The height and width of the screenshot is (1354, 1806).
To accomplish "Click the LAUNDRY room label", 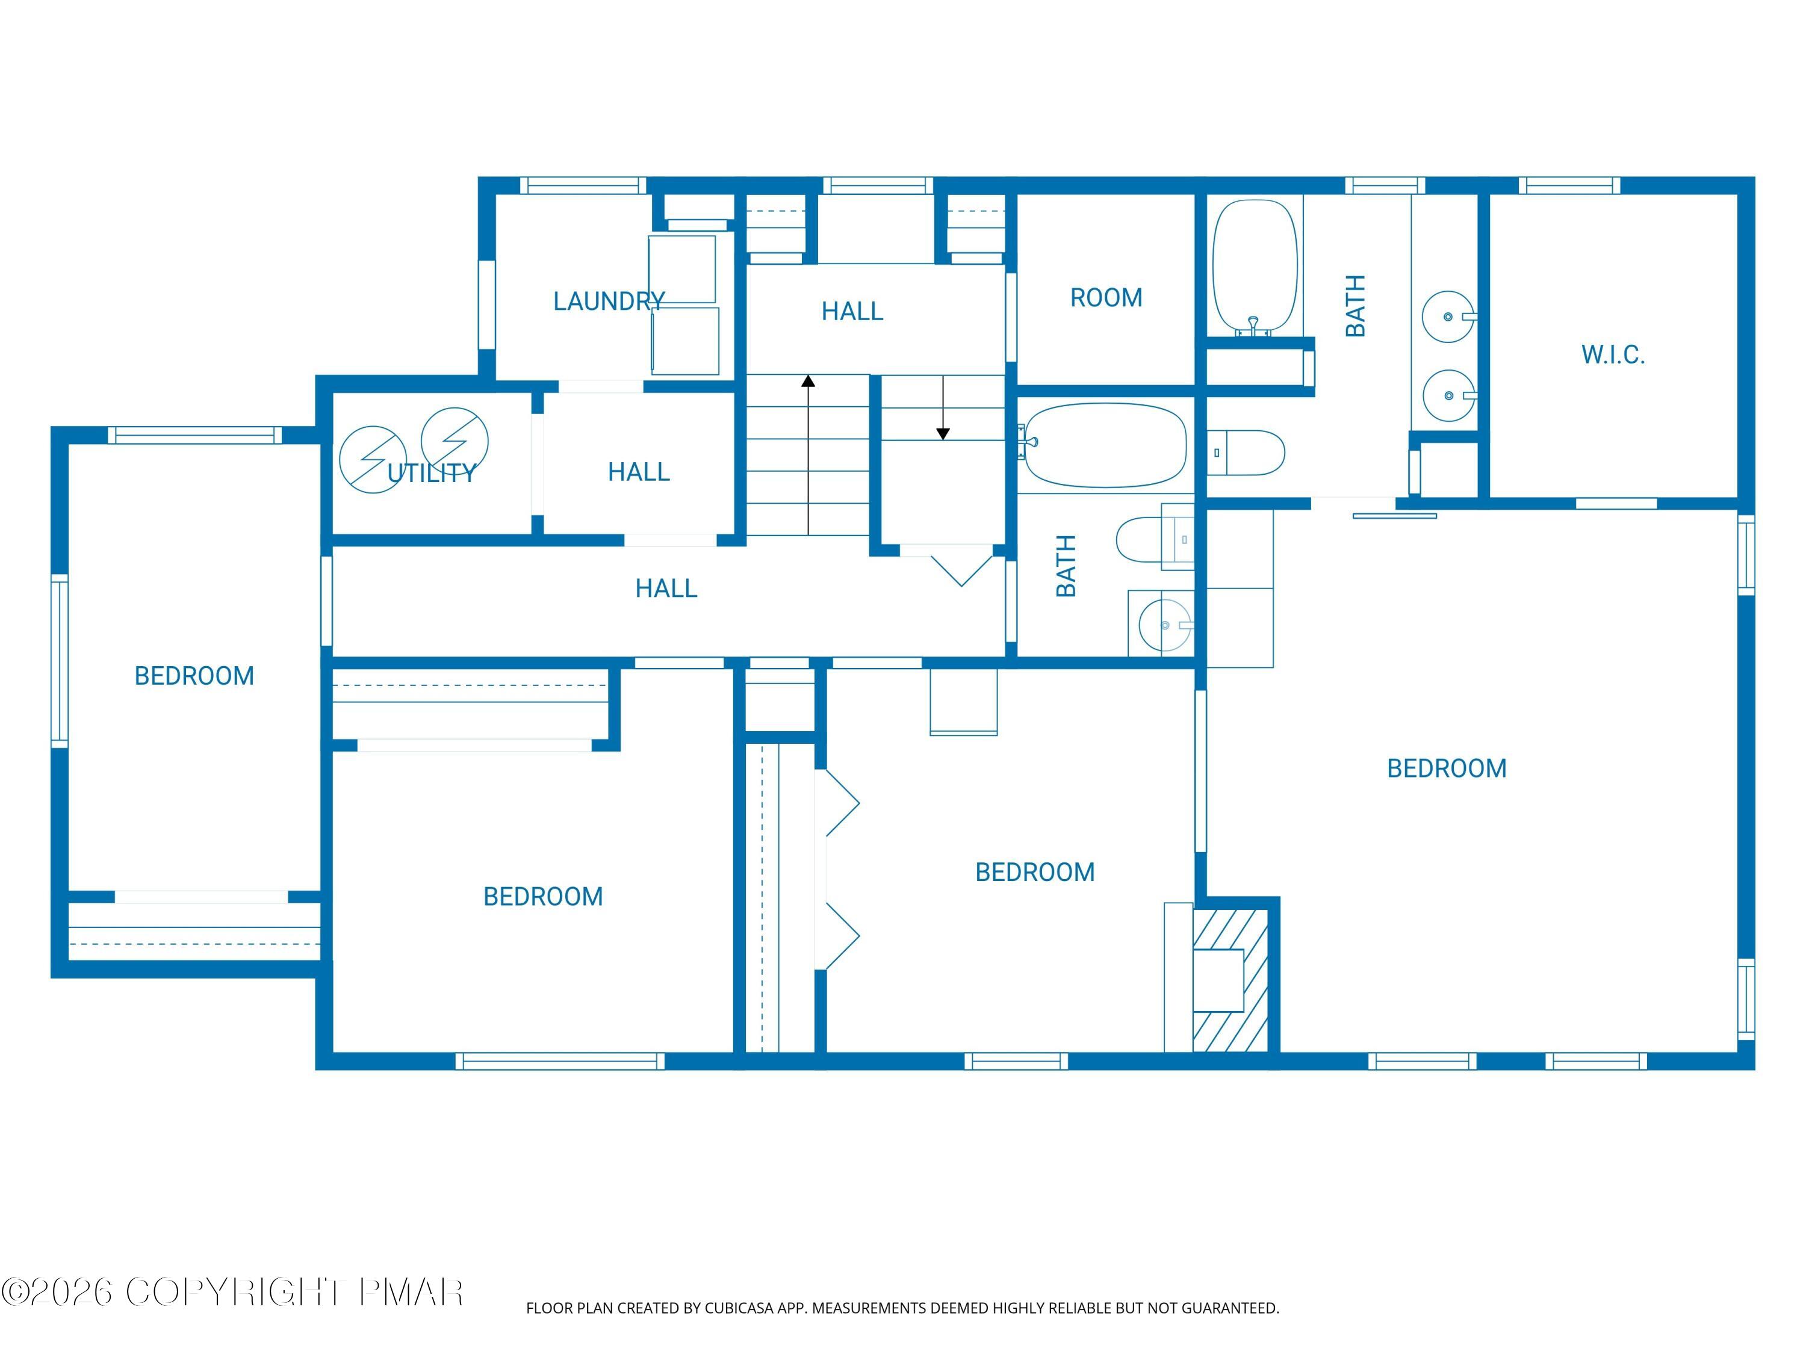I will tap(608, 301).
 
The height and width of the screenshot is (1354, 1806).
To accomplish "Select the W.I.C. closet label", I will tap(1613, 354).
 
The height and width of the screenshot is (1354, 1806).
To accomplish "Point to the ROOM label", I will tap(1105, 298).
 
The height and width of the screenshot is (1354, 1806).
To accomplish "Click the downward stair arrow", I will tap(943, 433).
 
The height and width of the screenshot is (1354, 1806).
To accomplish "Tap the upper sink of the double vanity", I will tap(1448, 316).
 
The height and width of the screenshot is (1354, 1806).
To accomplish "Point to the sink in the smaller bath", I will tap(1165, 625).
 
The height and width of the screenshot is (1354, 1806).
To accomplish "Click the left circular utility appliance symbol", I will tap(372, 460).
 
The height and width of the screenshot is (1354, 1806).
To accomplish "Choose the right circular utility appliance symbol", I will tap(455, 441).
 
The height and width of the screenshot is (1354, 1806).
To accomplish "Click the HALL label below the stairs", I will tap(666, 589).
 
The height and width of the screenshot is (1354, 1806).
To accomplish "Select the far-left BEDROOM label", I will tap(194, 676).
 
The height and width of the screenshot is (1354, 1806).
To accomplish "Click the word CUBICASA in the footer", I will tap(738, 1308).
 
